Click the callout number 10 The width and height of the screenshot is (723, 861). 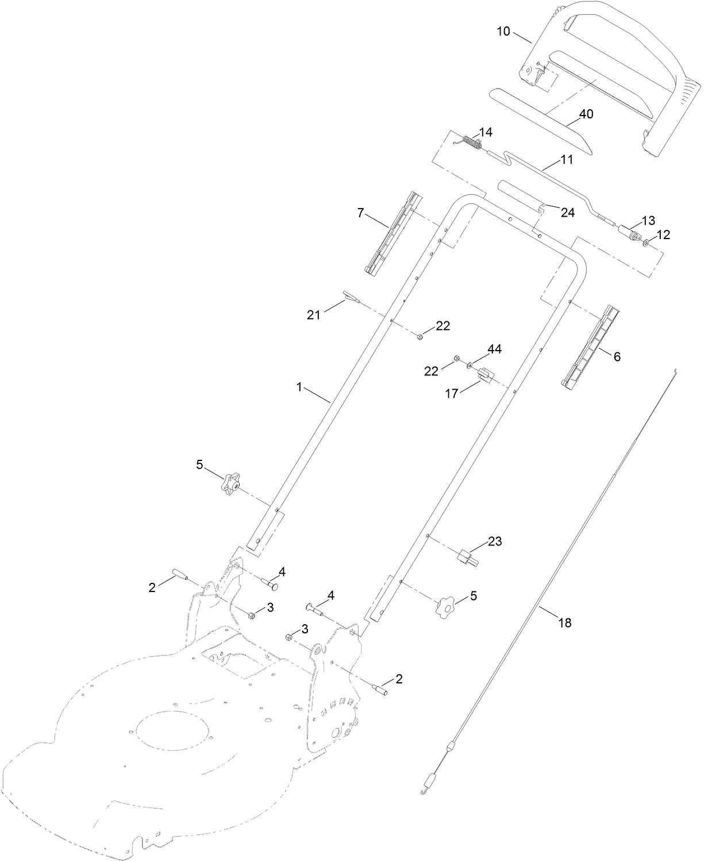pos(503,31)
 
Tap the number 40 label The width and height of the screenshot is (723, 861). pos(586,114)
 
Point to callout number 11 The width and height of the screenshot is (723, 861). pos(567,160)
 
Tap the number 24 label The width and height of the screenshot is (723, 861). pos(567,213)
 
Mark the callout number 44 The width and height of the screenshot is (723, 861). pos(494,349)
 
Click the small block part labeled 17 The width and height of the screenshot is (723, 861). pos(486,375)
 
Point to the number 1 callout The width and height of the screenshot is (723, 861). pos(299,387)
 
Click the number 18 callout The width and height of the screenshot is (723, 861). pos(565,622)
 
